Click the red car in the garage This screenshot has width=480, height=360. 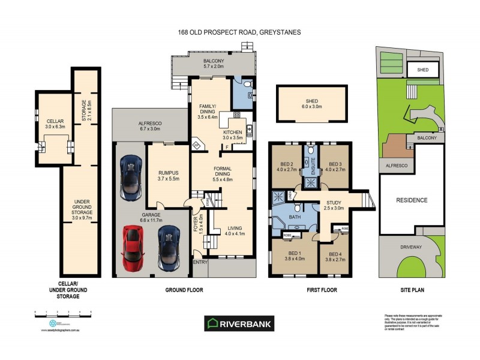(132, 248)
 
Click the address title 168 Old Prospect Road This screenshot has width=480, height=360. (239, 32)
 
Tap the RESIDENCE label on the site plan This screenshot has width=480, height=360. (411, 200)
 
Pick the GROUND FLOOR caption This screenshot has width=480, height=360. (184, 290)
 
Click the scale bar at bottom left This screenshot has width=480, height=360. (63, 313)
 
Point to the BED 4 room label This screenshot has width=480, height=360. (336, 256)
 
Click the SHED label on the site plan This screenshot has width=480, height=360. (422, 70)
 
